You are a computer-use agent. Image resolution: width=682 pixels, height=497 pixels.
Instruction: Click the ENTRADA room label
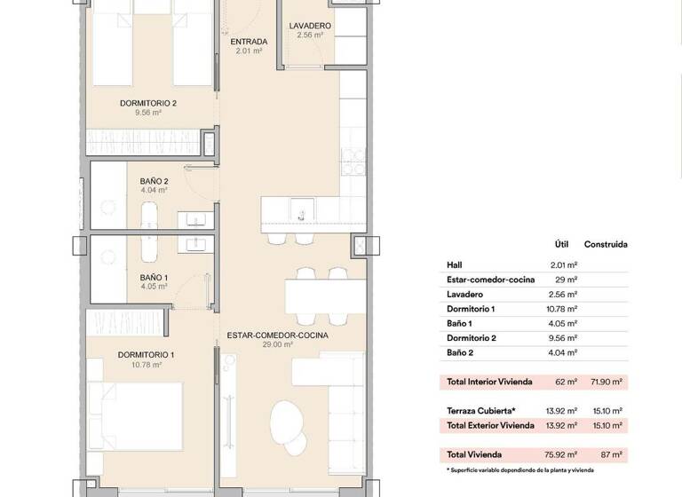tap(249, 42)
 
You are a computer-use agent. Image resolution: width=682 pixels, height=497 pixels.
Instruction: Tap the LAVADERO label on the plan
tap(310, 26)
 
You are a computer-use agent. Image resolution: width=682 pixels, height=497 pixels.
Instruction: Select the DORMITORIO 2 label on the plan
tap(148, 103)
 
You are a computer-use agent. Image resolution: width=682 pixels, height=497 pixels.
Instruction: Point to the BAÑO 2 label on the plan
tap(154, 181)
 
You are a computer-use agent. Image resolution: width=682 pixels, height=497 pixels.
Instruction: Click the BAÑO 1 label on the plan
tap(154, 278)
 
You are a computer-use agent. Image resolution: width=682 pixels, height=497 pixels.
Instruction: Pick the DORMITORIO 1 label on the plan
tap(146, 355)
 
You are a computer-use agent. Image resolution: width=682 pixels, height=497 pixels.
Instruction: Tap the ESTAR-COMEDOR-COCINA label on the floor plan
tap(277, 335)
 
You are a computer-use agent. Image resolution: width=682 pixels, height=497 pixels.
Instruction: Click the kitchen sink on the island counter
tap(301, 211)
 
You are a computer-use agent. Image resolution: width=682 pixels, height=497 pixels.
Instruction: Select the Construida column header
tap(606, 244)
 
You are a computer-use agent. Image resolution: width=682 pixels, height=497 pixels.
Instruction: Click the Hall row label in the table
tap(454, 264)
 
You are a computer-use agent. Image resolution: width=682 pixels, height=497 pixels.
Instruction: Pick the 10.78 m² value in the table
tap(564, 308)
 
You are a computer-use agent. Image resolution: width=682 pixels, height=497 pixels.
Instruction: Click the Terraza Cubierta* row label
tap(480, 411)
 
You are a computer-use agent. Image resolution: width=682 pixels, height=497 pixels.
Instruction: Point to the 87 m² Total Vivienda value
tap(611, 454)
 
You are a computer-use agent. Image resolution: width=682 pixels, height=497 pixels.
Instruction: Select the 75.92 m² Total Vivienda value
tap(560, 454)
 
